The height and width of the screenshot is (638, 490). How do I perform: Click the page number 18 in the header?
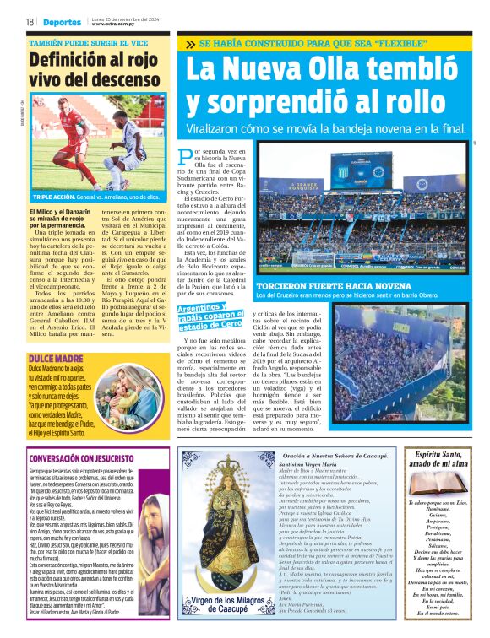pos(30,22)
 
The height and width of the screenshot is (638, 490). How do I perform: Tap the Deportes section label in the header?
pos(63,22)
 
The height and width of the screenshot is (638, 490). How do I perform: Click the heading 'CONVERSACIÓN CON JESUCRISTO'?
pos(90,458)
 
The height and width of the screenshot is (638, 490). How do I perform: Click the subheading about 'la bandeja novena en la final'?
pos(325,128)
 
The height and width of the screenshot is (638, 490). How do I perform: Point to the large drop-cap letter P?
pos(186,156)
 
